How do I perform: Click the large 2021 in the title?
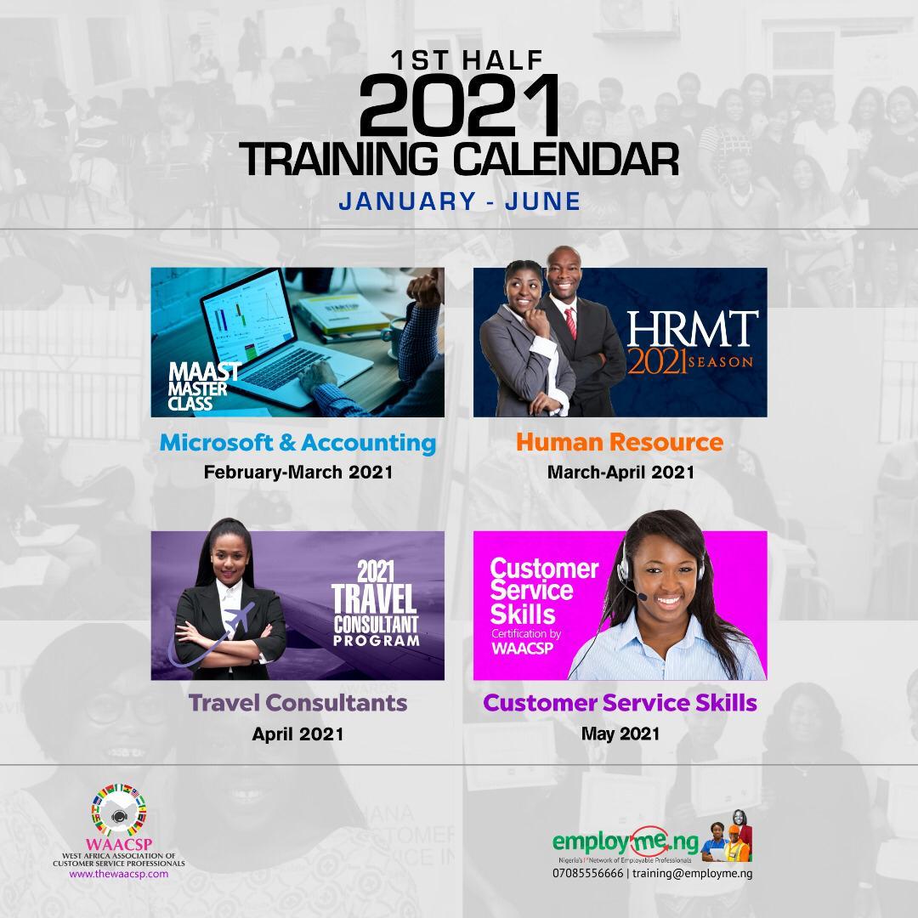point(459,105)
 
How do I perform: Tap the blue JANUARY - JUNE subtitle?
point(460,201)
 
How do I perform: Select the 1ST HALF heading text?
point(467,60)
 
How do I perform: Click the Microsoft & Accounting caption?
point(297,443)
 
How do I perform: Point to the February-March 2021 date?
point(298,472)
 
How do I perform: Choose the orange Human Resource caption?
point(620,442)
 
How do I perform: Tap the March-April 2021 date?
point(620,472)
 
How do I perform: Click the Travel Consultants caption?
point(297,703)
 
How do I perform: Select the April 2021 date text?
point(297,734)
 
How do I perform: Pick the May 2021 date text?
point(620,734)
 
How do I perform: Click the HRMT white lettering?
point(692,329)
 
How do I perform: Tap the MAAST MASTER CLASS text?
point(204,386)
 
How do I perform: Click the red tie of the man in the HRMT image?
point(570,323)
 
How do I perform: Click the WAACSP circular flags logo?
point(119,810)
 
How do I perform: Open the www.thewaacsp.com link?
point(119,874)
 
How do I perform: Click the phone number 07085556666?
point(588,874)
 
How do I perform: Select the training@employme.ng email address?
point(693,874)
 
